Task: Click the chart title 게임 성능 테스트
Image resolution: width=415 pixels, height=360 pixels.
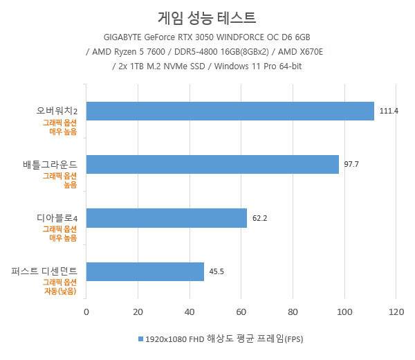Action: click(207, 15)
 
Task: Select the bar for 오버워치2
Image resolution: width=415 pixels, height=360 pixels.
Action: click(229, 111)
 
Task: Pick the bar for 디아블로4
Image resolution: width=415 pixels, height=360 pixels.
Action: click(166, 218)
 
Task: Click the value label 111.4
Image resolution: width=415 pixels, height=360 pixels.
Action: click(389, 111)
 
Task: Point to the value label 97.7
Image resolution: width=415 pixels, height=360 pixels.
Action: click(351, 164)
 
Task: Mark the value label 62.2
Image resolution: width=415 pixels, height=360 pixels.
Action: click(259, 218)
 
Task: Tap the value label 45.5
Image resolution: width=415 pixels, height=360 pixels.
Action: click(216, 271)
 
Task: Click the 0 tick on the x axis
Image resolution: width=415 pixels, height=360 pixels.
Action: click(86, 312)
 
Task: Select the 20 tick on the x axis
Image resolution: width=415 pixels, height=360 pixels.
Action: click(138, 312)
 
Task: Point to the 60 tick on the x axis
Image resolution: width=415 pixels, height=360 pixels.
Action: click(241, 312)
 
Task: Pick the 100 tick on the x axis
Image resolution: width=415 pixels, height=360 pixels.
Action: click(344, 312)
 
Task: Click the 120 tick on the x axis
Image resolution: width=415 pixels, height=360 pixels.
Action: click(396, 312)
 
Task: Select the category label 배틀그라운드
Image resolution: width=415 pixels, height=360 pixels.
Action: click(49, 165)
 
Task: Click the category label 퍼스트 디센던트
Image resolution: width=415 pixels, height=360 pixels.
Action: click(44, 271)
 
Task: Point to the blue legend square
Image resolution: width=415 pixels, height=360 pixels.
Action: click(140, 339)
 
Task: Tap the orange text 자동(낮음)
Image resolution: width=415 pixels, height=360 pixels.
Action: click(60, 291)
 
